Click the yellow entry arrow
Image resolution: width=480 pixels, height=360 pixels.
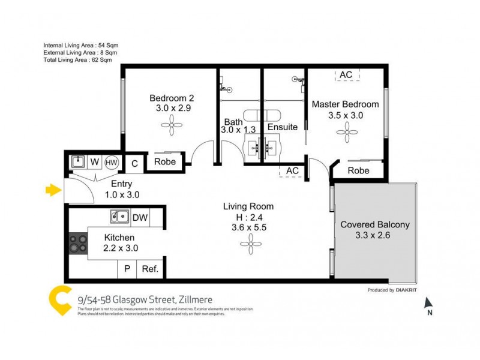click(53, 191)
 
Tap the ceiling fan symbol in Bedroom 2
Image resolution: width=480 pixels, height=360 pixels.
click(172, 126)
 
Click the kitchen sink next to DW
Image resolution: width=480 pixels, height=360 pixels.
click(120, 217)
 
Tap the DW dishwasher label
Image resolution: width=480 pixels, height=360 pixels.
click(140, 217)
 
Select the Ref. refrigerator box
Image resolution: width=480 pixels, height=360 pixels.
click(150, 269)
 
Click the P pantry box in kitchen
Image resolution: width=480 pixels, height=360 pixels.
click(127, 269)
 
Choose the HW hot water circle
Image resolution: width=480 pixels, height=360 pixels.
click(112, 162)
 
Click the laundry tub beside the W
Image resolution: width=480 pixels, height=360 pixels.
click(78, 161)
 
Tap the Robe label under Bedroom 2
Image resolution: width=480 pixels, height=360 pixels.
click(165, 162)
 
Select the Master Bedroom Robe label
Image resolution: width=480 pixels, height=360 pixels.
click(359, 170)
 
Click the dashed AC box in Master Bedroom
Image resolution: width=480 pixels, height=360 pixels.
click(346, 74)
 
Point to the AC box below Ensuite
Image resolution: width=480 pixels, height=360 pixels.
click(292, 171)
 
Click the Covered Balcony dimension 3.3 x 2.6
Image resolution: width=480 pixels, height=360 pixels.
click(374, 236)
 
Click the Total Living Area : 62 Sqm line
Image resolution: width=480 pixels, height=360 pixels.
click(78, 61)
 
